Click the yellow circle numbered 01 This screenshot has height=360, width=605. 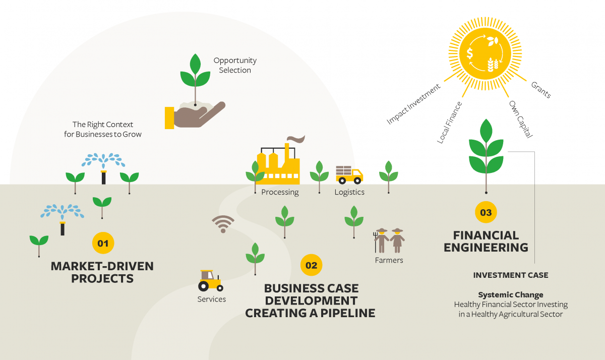103,243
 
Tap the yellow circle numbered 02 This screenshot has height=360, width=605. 311,265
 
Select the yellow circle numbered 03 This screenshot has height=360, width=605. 486,212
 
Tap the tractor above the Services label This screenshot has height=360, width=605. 211,281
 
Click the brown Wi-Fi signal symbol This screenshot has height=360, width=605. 223,224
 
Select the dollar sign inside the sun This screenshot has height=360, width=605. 470,53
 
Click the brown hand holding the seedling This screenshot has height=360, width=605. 195,115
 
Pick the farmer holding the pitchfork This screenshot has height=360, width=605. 381,241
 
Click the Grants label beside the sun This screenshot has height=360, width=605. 541,90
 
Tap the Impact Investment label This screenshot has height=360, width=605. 413,104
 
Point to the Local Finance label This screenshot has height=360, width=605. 449,123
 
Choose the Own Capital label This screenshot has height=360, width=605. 521,119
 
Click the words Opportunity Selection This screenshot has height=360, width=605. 235,65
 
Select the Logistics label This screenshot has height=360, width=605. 349,192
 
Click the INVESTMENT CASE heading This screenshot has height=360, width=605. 511,275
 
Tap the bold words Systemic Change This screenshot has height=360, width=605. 511,294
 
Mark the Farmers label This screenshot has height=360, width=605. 389,260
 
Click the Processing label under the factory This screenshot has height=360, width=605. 280,192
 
